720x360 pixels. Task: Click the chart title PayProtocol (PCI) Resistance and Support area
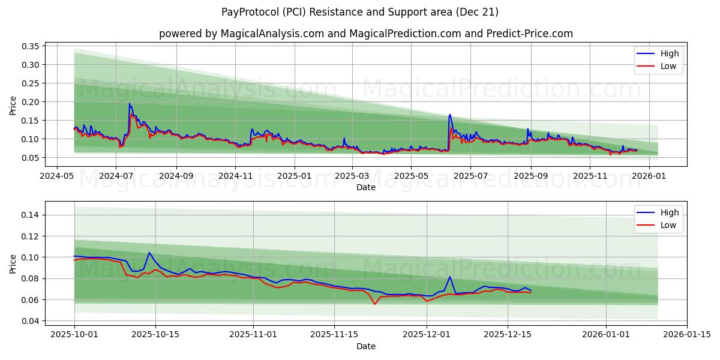360,12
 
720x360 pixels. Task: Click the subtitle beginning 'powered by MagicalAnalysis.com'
365,34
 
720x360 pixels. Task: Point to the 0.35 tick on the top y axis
29,46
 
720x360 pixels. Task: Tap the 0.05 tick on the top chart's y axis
29,158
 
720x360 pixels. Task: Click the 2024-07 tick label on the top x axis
116,176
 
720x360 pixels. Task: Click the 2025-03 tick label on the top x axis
352,176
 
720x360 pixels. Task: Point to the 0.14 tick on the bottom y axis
29,215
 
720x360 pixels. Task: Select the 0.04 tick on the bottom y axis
29,321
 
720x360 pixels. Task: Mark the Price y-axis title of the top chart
13,106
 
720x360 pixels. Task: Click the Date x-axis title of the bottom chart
365,346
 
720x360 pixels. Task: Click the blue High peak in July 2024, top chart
129,104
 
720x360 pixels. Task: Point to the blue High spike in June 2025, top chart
450,115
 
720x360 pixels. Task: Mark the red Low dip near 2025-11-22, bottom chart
375,304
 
